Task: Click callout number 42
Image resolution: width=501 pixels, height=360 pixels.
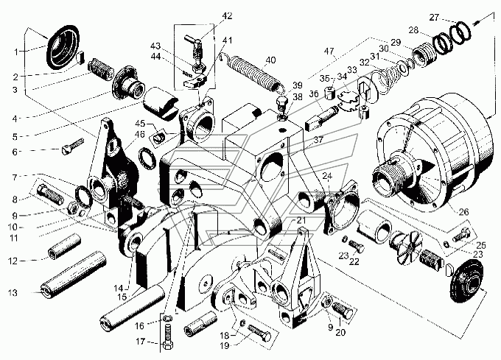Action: [227, 16]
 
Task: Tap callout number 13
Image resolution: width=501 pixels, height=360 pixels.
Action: [13, 293]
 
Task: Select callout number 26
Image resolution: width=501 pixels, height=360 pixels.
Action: [463, 211]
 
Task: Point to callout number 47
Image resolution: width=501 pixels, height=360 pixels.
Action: [329, 51]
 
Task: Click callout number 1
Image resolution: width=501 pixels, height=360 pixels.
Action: [16, 52]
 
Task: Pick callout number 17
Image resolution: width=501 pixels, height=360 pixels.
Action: [141, 342]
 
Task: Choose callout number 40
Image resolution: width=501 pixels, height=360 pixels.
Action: [270, 60]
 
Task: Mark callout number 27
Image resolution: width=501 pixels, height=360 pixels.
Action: [434, 17]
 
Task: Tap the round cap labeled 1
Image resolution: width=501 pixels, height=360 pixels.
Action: [63, 46]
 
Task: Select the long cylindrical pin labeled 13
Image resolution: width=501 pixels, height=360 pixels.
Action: [73, 275]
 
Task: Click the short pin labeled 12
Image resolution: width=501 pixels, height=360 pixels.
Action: [65, 247]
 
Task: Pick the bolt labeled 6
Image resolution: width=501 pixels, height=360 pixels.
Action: [72, 147]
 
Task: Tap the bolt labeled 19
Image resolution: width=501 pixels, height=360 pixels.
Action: [259, 332]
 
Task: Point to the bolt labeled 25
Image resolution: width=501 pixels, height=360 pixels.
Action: [460, 236]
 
